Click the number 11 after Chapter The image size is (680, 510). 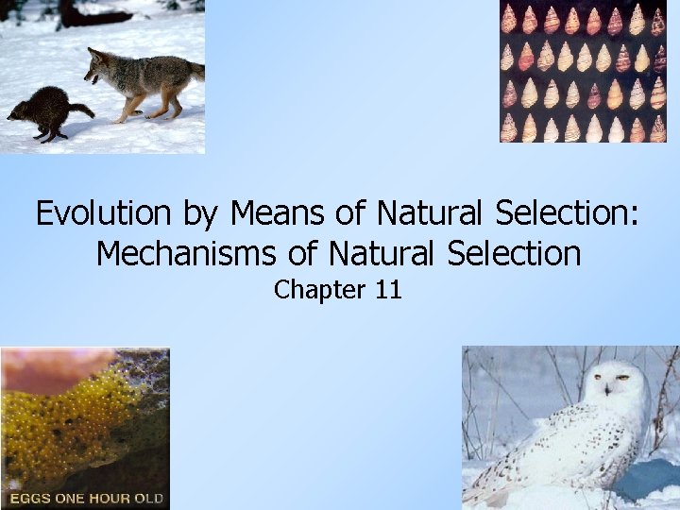pos(388,290)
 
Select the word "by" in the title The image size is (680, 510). pos(199,214)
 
